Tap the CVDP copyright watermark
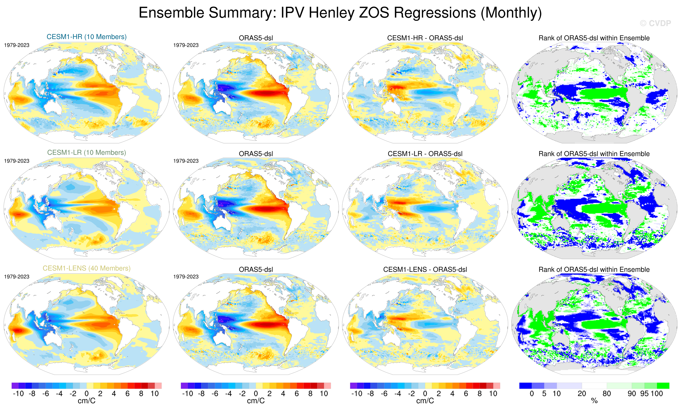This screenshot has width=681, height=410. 655,23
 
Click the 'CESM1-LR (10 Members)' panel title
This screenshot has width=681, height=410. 86,153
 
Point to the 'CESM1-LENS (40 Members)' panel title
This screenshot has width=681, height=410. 86,268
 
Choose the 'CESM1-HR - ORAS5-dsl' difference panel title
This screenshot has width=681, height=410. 425,38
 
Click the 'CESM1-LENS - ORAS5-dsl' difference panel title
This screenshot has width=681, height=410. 425,269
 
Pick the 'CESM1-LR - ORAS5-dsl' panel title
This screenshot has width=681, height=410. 425,154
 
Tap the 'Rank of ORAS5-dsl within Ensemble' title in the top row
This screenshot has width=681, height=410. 594,38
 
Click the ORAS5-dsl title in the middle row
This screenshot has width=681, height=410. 256,154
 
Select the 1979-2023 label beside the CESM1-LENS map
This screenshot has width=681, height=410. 17,276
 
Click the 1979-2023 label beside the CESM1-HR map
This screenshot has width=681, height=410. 17,45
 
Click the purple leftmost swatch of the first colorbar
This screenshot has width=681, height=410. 15,385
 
